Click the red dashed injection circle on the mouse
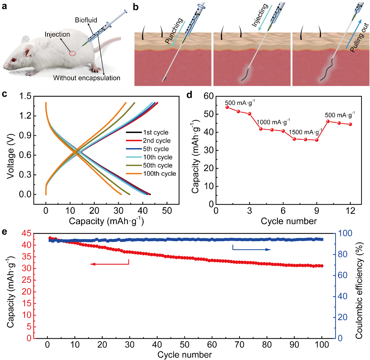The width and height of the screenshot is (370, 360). tap(72, 54)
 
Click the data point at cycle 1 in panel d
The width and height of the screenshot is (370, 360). tap(227, 107)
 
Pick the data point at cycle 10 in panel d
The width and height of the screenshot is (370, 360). tap(328, 121)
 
